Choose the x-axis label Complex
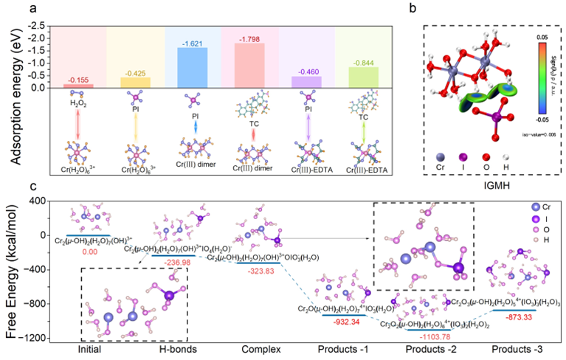coord(251,350)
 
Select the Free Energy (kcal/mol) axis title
coord(11,269)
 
